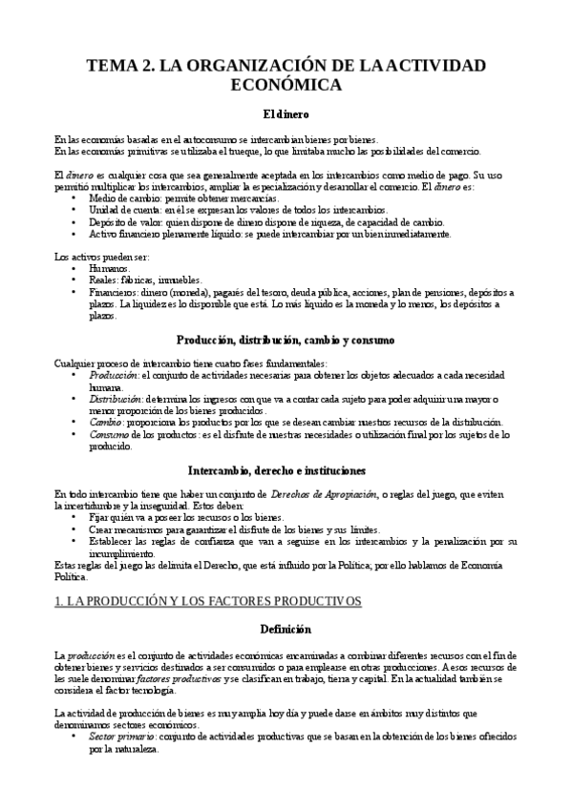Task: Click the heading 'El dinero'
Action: coord(286,115)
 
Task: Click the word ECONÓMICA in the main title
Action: coord(286,85)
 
